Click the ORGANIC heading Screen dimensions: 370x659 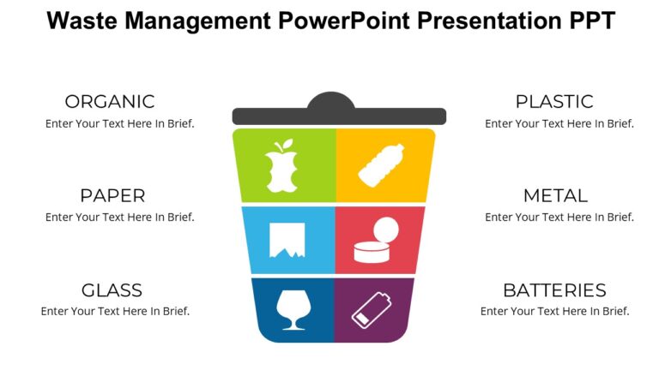click(110, 101)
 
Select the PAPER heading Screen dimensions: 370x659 click(112, 195)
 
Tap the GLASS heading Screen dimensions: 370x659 click(112, 289)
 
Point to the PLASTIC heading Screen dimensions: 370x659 click(553, 101)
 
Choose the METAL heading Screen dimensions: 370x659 click(555, 195)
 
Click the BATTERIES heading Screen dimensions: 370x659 click(554, 289)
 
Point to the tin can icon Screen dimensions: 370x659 click(377, 242)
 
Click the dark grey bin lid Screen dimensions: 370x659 click(339, 113)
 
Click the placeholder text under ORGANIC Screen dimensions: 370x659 click(119, 123)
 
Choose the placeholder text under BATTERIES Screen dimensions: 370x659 click(554, 311)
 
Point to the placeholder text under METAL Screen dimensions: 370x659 click(559, 217)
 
